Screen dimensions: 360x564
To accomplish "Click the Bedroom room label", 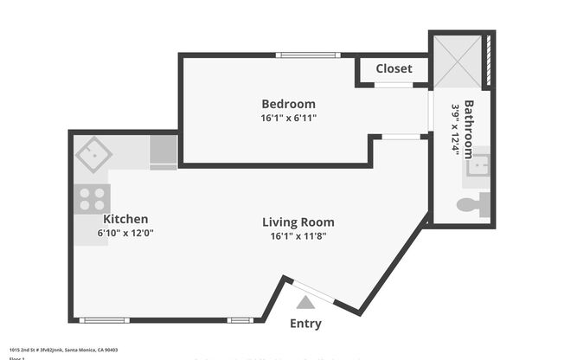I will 288,104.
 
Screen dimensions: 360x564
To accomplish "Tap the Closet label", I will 394,68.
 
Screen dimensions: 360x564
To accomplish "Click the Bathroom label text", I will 469,130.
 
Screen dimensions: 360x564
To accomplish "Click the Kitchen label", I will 125,219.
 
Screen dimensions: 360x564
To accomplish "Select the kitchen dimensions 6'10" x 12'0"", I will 125,233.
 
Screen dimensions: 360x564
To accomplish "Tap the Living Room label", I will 298,222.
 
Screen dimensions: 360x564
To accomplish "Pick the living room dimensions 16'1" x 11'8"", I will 298,235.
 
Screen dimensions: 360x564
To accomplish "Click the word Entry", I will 305,324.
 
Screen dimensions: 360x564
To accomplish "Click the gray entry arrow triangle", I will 304,302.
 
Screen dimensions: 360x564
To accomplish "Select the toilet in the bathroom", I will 474,206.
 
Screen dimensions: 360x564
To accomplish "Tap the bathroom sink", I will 477,167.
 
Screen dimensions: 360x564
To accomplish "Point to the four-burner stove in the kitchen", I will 92,200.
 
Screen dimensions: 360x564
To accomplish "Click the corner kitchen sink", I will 93,155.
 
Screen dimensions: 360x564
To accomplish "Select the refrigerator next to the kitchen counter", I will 163,151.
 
